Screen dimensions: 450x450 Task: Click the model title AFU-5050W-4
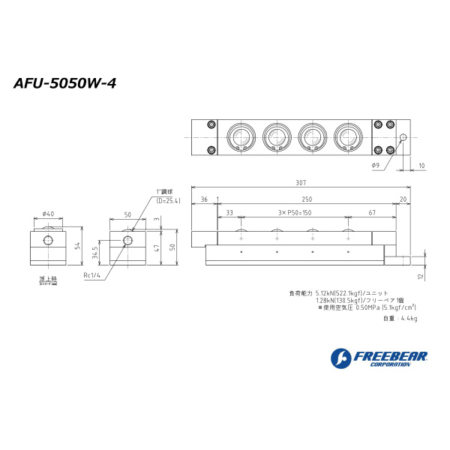click(64, 83)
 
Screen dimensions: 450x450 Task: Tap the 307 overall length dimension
click(301, 182)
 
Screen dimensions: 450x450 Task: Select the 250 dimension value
click(307, 199)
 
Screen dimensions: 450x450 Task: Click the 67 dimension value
click(372, 213)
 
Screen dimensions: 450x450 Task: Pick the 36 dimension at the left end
click(203, 199)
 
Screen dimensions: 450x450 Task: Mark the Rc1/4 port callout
click(93, 274)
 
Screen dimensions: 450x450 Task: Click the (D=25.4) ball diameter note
click(169, 200)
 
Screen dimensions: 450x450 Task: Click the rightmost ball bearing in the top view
click(348, 137)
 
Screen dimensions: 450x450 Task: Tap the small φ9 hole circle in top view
click(403, 137)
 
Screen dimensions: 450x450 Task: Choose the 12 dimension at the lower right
click(422, 276)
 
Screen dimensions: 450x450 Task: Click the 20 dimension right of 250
click(403, 199)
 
